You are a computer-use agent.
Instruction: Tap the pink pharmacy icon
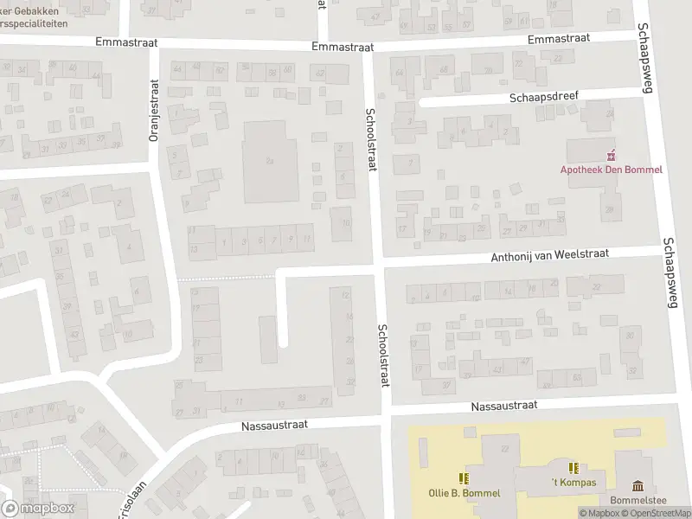tap(612, 156)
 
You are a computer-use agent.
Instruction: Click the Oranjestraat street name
tap(155, 110)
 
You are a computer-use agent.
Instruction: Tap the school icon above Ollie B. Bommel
tap(465, 477)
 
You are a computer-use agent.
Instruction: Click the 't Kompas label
tap(573, 482)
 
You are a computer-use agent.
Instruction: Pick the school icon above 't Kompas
tap(573, 467)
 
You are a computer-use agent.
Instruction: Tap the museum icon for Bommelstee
tap(638, 485)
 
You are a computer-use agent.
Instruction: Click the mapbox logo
tap(38, 509)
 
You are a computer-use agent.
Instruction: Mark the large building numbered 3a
tap(270, 160)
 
